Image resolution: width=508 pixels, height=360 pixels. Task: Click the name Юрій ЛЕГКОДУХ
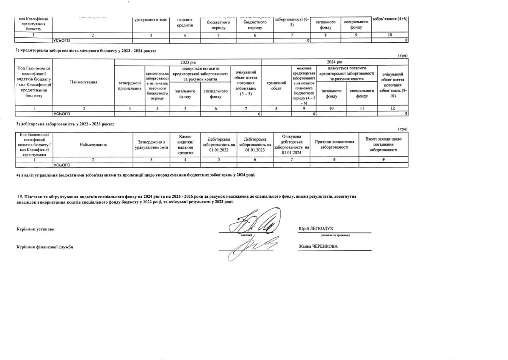click(x=316, y=228)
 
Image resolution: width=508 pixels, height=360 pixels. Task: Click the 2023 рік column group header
click(x=188, y=62)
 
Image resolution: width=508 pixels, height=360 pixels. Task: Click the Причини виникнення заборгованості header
click(x=334, y=144)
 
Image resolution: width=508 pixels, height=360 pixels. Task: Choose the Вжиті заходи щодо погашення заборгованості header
click(x=384, y=144)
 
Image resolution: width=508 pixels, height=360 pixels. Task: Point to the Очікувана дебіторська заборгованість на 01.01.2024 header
click(x=292, y=144)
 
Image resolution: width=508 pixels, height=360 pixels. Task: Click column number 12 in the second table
click(x=393, y=109)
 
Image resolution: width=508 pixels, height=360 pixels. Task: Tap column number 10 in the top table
click(x=389, y=36)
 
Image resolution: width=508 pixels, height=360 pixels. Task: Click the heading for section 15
click(x=188, y=199)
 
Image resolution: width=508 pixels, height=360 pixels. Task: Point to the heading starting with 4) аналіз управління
click(x=135, y=175)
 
